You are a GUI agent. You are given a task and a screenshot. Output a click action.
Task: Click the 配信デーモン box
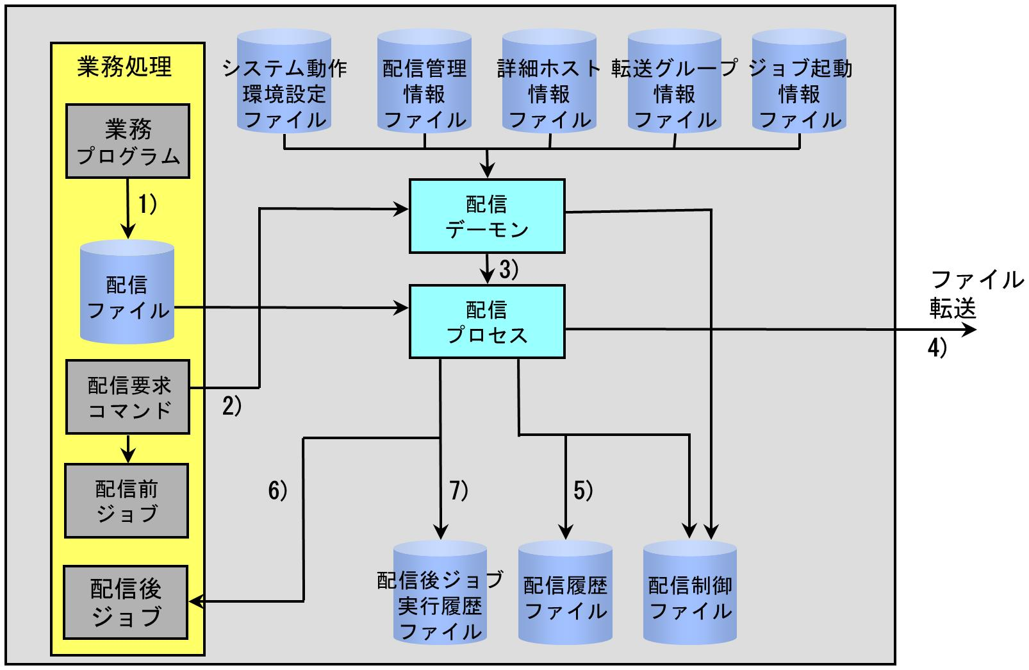487,216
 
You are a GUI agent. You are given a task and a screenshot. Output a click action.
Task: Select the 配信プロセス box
487,322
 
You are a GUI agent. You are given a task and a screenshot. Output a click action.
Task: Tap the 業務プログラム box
128,141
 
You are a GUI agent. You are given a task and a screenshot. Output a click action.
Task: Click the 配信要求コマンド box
128,397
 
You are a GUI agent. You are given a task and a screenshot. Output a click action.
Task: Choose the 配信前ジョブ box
127,501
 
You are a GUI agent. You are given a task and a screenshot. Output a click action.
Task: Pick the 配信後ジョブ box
126,603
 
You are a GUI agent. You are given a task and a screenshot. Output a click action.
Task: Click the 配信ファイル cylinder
128,292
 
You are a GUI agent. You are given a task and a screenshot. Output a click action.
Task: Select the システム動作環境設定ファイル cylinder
284,81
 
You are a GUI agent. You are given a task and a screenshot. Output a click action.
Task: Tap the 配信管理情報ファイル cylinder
424,81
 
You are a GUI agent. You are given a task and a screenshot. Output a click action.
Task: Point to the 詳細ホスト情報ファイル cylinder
549,81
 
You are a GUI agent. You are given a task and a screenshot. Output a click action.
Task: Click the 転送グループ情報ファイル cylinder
675,81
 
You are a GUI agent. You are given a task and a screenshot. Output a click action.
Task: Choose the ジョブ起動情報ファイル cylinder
800,81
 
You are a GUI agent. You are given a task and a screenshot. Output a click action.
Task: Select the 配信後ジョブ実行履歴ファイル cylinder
440,592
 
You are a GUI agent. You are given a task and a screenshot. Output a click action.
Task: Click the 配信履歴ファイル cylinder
566,592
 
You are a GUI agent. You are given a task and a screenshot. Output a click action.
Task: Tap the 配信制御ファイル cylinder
690,592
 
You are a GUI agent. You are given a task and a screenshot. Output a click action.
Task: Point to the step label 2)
232,406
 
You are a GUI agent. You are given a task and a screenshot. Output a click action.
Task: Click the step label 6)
278,490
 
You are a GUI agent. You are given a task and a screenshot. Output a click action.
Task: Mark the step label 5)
584,490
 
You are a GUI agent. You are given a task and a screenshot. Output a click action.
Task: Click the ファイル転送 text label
976,294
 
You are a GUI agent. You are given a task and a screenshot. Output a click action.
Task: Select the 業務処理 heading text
124,67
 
